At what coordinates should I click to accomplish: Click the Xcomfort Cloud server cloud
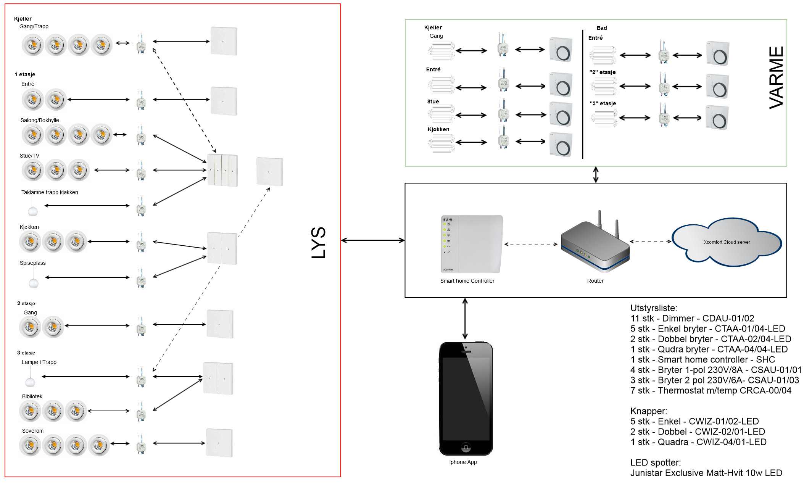click(x=727, y=242)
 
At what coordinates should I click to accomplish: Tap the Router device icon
click(x=595, y=244)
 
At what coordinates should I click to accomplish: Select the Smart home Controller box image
click(x=472, y=244)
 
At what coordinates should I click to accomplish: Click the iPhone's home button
click(x=466, y=446)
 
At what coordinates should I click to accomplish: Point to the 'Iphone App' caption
click(x=463, y=462)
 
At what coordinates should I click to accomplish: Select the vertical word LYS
click(x=319, y=243)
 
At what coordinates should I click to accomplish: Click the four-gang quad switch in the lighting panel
click(x=222, y=170)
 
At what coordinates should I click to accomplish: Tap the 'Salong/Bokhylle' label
click(x=40, y=120)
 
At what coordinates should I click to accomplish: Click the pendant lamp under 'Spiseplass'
click(x=34, y=283)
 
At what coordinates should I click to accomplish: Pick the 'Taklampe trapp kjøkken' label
click(x=50, y=192)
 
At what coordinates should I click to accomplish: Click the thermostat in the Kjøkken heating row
click(x=561, y=145)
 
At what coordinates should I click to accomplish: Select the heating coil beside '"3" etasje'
click(x=604, y=118)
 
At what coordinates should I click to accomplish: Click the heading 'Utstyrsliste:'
click(x=654, y=308)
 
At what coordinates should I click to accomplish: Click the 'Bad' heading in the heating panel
click(x=602, y=28)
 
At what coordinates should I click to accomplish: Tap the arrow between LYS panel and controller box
click(x=373, y=240)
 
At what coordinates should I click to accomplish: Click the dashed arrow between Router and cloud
click(x=651, y=242)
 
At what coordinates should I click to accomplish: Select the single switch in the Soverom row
click(x=219, y=443)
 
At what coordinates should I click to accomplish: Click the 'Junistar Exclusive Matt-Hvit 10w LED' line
click(x=706, y=473)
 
